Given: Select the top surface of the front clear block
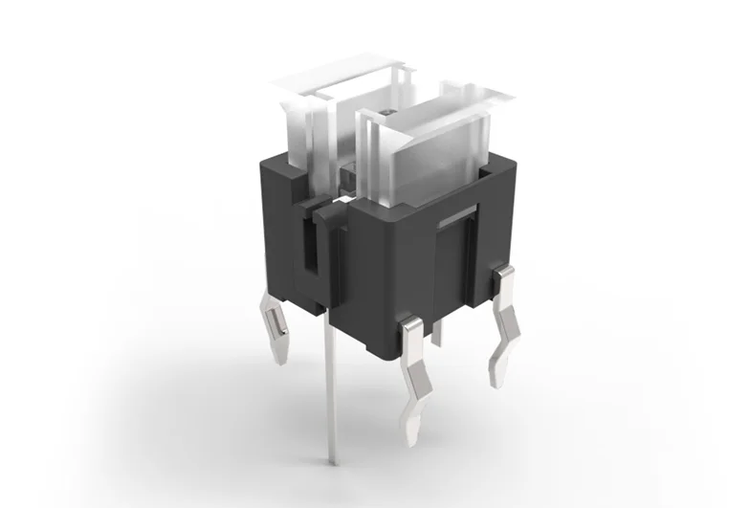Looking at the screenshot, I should (x=430, y=105).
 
